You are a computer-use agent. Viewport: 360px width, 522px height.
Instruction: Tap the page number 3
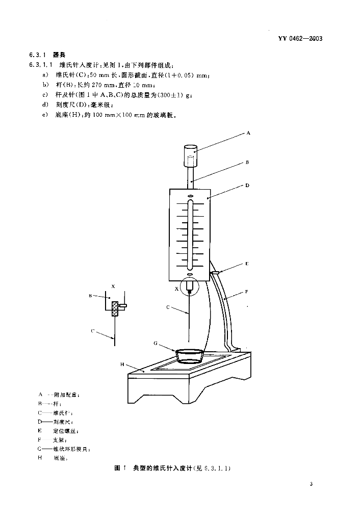311,484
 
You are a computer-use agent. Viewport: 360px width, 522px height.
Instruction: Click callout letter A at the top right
248,133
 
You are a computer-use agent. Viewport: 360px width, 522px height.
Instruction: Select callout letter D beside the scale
247,186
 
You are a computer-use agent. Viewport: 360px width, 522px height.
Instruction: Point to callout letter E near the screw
246,264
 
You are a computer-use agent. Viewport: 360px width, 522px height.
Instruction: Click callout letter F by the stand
246,292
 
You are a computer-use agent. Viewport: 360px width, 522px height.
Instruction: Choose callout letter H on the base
122,364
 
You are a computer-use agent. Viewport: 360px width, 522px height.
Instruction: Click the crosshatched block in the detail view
115,307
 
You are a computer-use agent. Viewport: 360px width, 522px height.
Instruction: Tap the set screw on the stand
215,273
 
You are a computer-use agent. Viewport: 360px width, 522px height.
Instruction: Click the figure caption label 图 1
120,468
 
